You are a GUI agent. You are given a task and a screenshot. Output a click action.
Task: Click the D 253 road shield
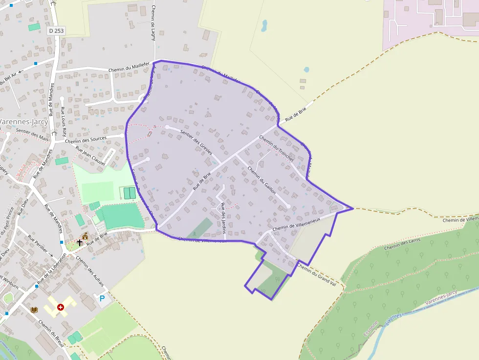pos(56,30)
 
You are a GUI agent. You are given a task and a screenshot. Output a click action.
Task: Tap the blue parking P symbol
pos(102,298)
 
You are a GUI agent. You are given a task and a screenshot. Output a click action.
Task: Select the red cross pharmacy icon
pos(61,307)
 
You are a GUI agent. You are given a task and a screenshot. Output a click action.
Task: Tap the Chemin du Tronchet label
pos(277,148)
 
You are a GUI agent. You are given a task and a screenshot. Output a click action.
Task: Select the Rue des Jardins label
pos(223,217)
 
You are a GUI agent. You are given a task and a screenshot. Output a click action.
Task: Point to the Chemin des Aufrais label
pos(90,270)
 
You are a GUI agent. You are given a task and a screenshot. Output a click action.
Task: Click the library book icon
pos(34,310)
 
